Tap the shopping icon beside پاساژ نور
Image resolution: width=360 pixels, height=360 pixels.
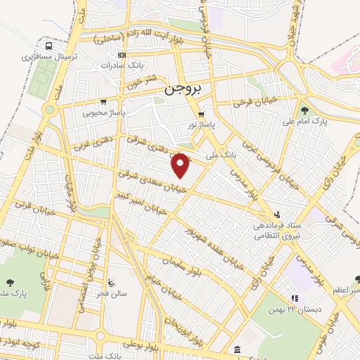pos(202,115)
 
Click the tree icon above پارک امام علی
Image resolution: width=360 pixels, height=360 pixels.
pos(304,110)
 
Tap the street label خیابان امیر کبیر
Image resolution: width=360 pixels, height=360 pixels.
pos(143,202)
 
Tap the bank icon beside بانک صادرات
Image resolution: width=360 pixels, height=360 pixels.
pos(122,55)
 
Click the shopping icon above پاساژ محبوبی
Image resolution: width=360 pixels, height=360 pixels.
pos(104,101)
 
